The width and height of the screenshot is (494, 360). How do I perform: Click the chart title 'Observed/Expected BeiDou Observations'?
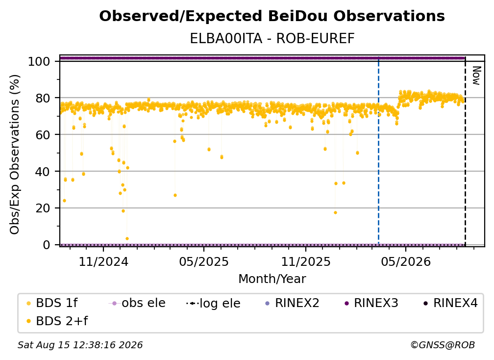272,16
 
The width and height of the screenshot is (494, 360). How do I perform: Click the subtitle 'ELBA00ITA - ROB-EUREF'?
272,39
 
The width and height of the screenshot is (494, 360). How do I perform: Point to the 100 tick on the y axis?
39,61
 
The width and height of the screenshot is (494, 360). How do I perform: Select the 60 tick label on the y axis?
43,135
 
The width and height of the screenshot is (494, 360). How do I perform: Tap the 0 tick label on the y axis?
46,245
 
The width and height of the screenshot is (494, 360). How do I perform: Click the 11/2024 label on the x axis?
103,261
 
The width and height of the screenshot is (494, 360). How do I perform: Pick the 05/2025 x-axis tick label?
204,261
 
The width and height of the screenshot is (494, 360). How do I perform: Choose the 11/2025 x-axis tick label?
306,261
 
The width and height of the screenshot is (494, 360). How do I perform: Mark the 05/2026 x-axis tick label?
406,261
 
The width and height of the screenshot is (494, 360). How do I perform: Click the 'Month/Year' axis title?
272,279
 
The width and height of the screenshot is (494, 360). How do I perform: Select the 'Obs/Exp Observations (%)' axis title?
15,154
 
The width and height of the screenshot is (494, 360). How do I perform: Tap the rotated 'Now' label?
476,76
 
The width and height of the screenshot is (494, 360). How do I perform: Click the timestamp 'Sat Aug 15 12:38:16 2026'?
80,345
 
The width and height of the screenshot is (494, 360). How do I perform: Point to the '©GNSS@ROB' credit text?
443,345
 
